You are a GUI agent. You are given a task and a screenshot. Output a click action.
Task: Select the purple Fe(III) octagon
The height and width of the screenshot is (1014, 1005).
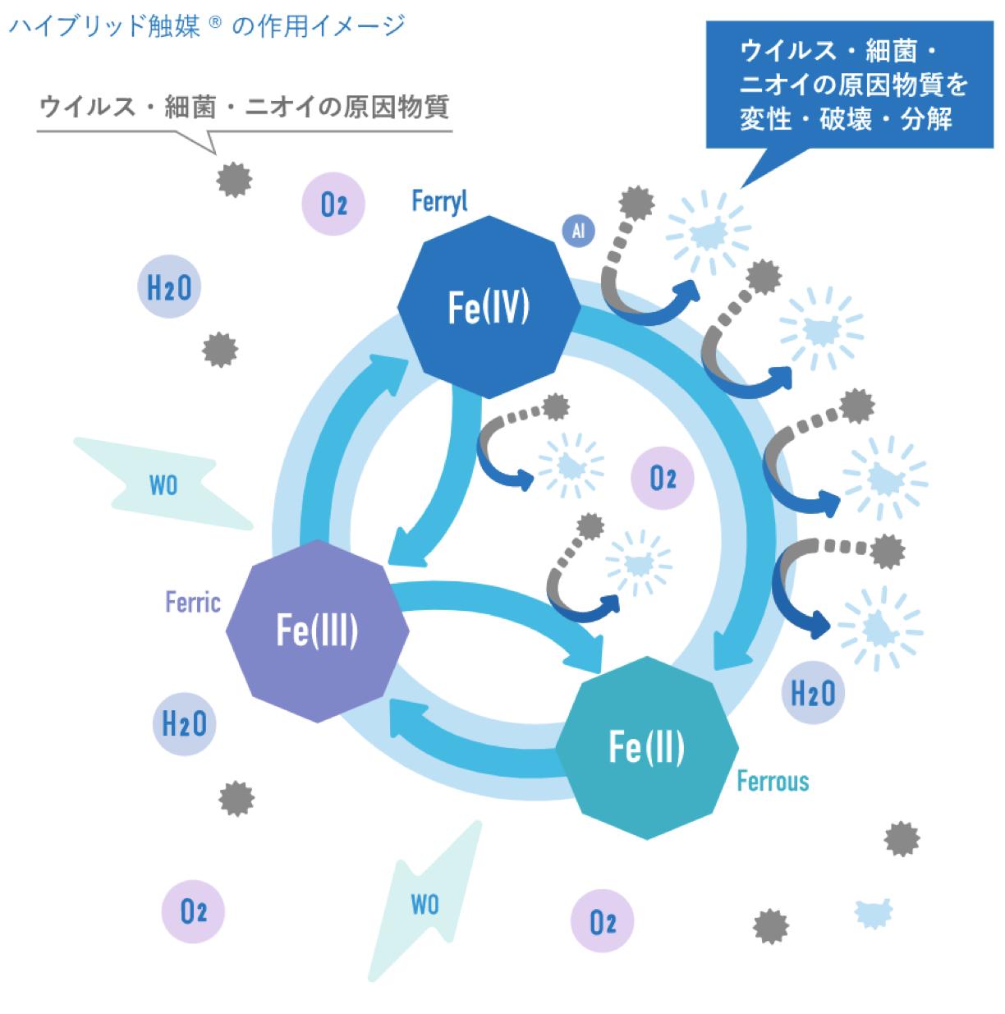[316, 631]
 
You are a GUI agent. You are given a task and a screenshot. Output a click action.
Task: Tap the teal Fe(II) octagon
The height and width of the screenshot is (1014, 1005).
[647, 747]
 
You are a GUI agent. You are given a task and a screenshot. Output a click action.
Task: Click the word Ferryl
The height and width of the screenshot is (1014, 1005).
[439, 201]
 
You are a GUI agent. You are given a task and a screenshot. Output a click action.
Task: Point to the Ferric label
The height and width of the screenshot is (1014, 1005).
[193, 603]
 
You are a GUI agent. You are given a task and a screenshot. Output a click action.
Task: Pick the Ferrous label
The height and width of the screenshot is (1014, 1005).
[773, 780]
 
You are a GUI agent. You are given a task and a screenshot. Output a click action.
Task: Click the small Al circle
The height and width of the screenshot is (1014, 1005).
[578, 232]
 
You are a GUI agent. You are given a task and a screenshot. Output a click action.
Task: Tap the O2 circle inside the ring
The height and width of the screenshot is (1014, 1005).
[662, 479]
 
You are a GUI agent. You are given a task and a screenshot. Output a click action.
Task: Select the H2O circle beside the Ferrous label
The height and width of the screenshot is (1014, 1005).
[812, 693]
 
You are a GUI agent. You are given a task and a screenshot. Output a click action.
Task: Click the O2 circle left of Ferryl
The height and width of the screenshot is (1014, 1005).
[333, 204]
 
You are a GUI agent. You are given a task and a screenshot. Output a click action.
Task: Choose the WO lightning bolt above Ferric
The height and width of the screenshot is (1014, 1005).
[163, 485]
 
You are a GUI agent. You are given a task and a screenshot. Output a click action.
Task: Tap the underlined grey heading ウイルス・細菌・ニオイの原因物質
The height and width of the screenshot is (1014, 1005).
[245, 108]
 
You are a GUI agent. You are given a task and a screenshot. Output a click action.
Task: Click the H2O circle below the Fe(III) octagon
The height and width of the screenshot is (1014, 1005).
[185, 724]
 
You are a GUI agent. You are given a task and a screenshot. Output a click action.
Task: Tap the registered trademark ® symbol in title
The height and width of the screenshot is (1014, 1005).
[215, 25]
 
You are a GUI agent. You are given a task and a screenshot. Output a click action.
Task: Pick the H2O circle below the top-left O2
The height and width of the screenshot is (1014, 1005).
[168, 287]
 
